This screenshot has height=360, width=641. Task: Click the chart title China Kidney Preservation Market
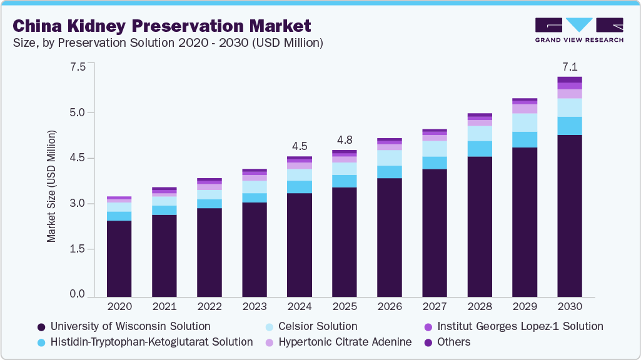(x=161, y=26)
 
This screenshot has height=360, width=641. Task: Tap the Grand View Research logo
(x=579, y=30)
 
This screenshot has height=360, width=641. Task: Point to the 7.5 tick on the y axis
(x=78, y=67)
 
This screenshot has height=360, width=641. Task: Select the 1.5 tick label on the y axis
(x=78, y=249)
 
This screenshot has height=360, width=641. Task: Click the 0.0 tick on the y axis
(x=78, y=294)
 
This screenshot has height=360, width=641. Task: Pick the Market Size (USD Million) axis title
(x=51, y=186)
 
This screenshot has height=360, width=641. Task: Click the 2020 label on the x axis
(x=119, y=307)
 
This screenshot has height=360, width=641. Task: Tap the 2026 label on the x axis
(x=390, y=307)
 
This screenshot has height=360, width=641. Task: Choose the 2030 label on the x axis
(x=570, y=307)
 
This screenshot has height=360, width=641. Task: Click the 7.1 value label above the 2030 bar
(x=570, y=67)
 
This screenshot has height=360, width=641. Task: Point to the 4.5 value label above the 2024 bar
(x=300, y=146)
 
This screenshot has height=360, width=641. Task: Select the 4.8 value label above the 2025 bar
(x=345, y=140)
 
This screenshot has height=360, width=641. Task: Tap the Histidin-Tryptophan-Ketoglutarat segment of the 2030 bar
(x=570, y=126)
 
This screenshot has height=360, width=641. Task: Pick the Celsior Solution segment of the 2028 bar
(x=480, y=133)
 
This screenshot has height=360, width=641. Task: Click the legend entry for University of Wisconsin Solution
(x=124, y=326)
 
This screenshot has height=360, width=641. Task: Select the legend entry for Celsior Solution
(x=311, y=326)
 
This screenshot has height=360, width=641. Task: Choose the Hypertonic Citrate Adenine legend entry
(x=338, y=342)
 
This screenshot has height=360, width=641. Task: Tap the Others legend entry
(x=447, y=342)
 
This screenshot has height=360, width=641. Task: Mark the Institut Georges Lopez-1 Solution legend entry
(x=513, y=326)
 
